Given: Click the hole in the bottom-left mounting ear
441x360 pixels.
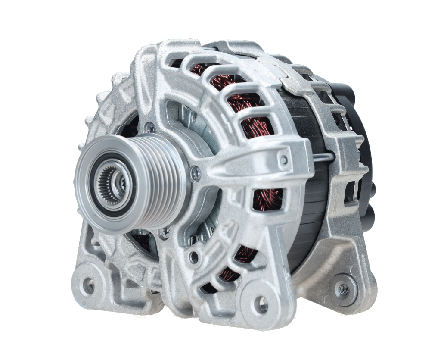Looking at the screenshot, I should (89, 284).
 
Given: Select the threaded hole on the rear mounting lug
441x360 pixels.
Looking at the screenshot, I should (343, 287).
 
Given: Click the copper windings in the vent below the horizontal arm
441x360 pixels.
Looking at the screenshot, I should (267, 200).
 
